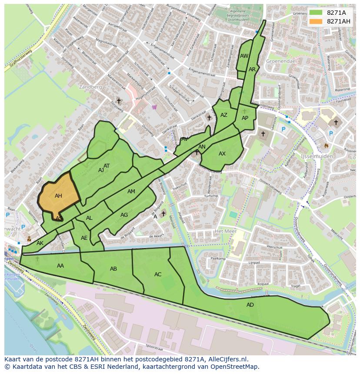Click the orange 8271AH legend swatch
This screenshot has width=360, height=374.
[316, 21]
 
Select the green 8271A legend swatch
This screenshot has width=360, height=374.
[316, 13]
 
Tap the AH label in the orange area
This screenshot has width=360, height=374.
[58, 196]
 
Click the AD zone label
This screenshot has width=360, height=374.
[250, 305]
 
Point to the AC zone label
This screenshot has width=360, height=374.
[158, 275]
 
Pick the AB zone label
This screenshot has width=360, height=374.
[113, 269]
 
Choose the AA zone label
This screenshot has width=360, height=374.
[60, 266]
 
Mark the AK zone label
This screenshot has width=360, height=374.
[40, 243]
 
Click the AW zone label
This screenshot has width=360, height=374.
[244, 56]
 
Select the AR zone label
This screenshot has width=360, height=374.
[252, 70]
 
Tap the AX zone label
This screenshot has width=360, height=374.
[222, 154]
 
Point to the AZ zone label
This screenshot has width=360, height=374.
[224, 115]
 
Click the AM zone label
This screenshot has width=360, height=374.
[131, 192]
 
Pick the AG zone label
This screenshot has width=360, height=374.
[124, 215]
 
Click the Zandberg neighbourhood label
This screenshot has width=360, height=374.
[90, 87]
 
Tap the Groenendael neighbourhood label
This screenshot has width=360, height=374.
[281, 61]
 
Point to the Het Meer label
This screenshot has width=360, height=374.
[225, 231]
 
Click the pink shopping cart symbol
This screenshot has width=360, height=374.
[154, 107]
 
